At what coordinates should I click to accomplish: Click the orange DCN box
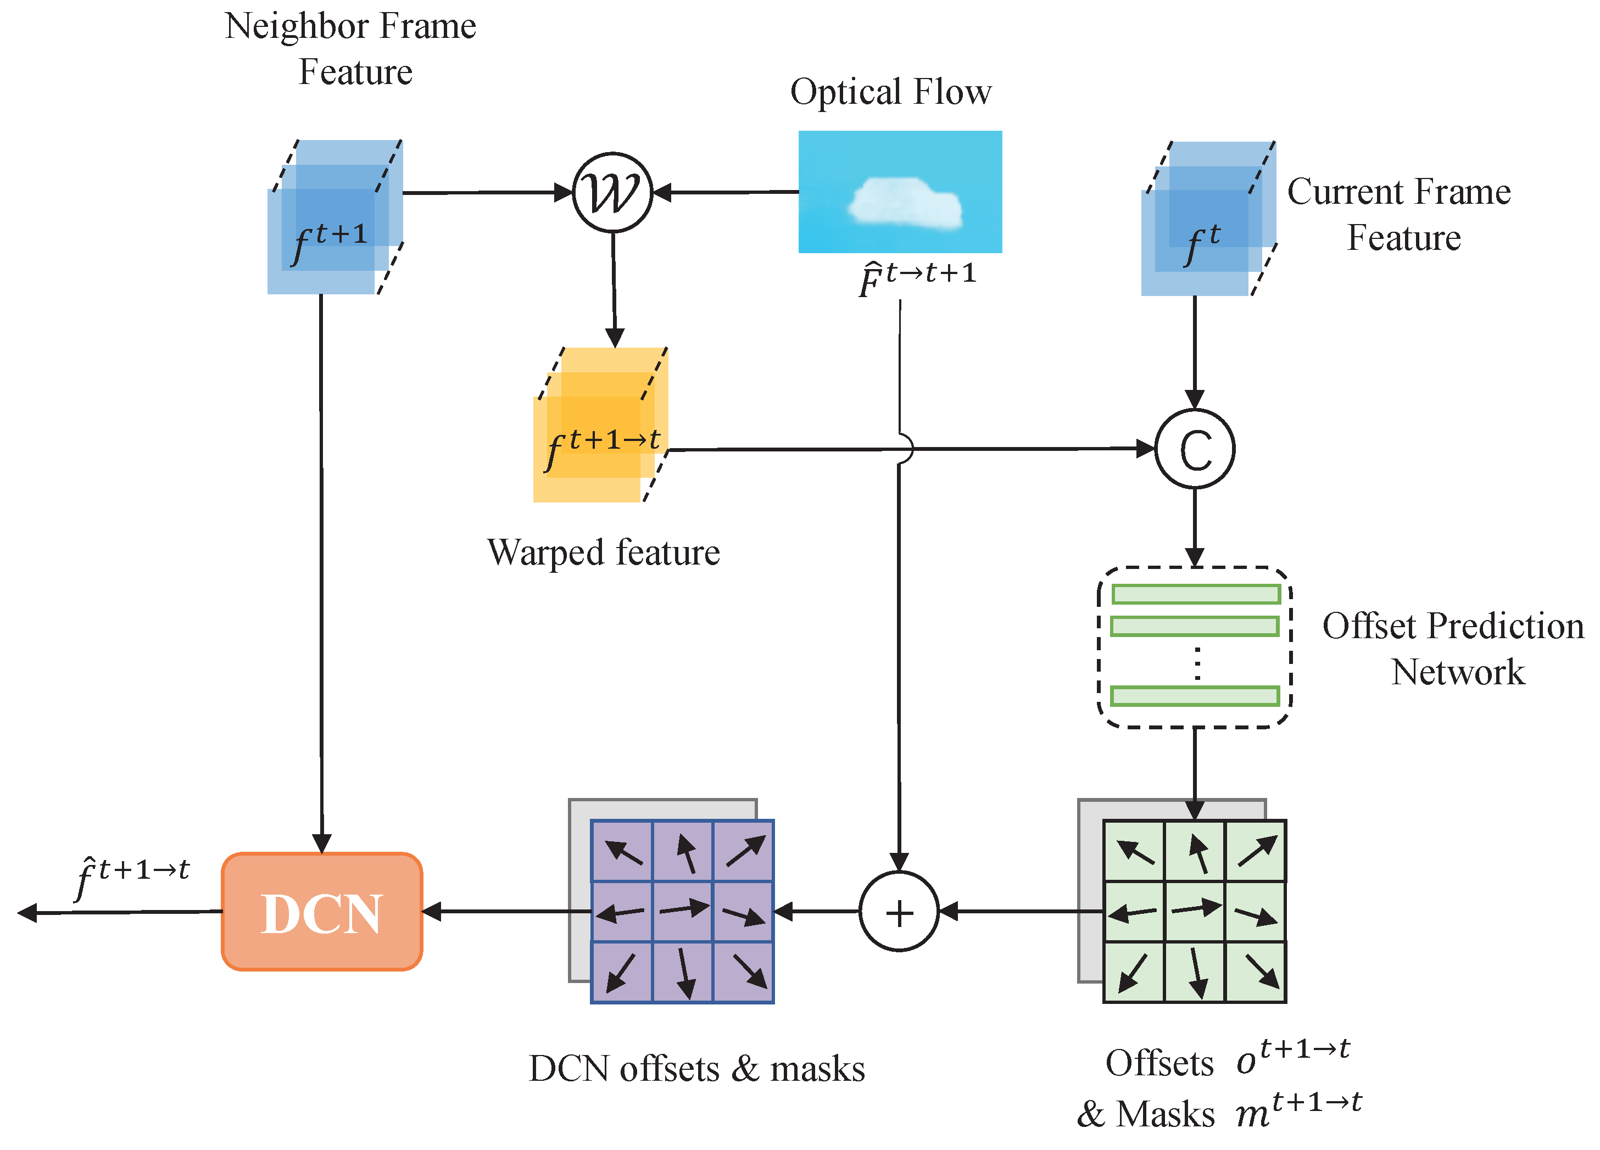pos(322,912)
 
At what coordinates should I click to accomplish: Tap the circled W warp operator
pos(612,192)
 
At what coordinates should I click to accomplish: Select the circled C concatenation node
pos(1194,449)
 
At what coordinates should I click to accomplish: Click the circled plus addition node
pos(899,912)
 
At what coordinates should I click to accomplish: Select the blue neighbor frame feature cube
pos(335,217)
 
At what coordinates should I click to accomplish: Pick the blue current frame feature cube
pos(1208,219)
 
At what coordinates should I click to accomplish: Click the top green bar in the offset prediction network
pos(1195,594)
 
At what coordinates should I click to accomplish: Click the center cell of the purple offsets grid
pos(682,911)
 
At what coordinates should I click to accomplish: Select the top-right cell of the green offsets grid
pos(1256,851)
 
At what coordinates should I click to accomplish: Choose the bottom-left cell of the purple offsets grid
pos(622,972)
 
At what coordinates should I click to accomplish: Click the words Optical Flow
pos(890,92)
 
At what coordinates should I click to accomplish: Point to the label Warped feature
pos(603,552)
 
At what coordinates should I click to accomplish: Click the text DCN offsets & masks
pos(696,1068)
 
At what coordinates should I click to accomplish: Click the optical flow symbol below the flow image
pos(916,278)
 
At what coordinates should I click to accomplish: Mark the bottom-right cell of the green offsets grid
pos(1256,972)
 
